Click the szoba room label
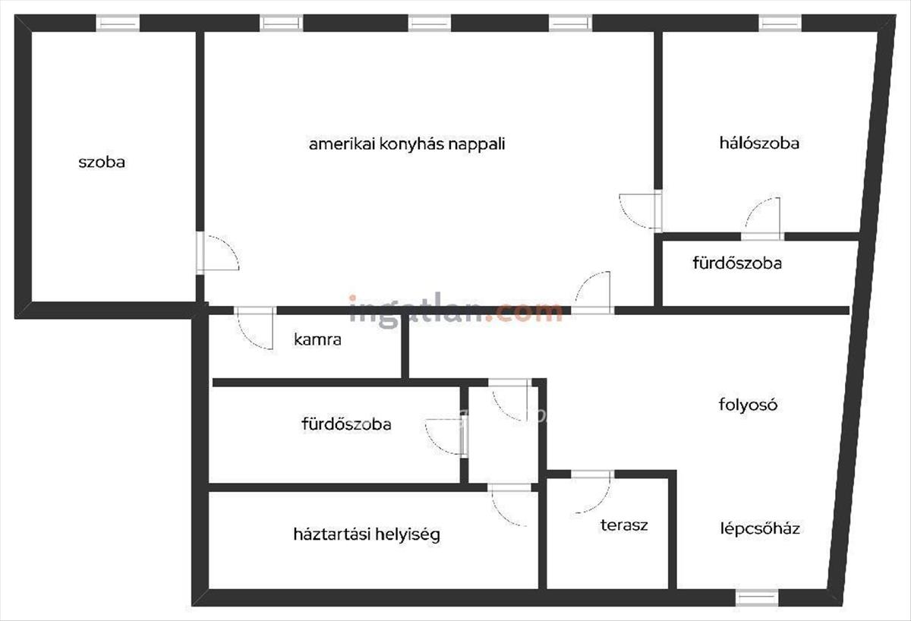pyautogui.click(x=102, y=162)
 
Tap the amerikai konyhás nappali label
pyautogui.click(x=407, y=144)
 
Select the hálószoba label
pyautogui.click(x=759, y=143)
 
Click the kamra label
pyautogui.click(x=317, y=339)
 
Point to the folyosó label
pyautogui.click(x=748, y=404)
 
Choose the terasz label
pyautogui.click(x=624, y=525)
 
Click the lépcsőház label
pyautogui.click(x=760, y=528)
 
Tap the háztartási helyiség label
pyautogui.click(x=367, y=534)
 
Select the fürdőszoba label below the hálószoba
pyautogui.click(x=737, y=263)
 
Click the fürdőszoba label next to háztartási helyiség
pyautogui.click(x=346, y=424)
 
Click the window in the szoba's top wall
pyautogui.click(x=118, y=24)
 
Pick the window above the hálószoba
pyautogui.click(x=780, y=24)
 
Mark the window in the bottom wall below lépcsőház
pyautogui.click(x=757, y=597)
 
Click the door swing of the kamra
pyautogui.click(x=256, y=328)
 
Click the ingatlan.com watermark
pyautogui.click(x=455, y=309)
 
